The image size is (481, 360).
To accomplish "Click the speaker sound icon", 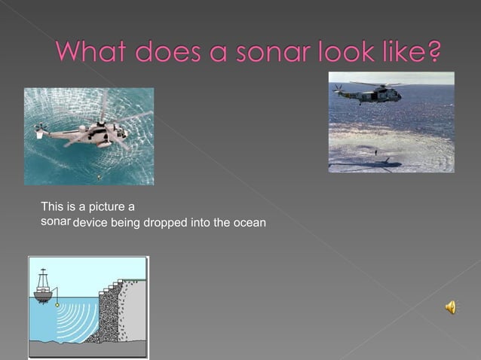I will (x=450, y=307).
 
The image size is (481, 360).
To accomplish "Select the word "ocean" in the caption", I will (x=250, y=224).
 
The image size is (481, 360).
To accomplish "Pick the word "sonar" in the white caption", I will (x=54, y=223).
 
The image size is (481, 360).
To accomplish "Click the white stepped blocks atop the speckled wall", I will (x=112, y=287).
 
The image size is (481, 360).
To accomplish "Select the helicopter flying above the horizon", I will (x=370, y=93).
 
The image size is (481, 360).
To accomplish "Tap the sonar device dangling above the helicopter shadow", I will (x=375, y=153).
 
